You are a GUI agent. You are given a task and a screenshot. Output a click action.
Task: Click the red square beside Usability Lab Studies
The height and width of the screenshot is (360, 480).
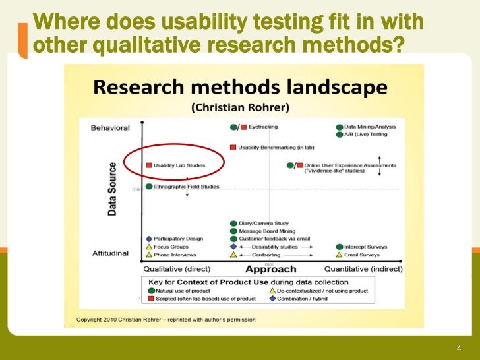149,165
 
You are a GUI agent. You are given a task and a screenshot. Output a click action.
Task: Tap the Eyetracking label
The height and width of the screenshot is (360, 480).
263,126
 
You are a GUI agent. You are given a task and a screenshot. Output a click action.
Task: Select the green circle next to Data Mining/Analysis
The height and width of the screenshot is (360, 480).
339,126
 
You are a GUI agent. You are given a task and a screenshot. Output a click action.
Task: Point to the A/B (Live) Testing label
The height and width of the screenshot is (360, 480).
366,134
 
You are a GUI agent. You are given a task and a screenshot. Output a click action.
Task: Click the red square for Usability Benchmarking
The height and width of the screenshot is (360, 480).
233,147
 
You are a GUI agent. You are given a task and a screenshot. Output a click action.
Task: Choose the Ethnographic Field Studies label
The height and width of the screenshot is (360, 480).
187,187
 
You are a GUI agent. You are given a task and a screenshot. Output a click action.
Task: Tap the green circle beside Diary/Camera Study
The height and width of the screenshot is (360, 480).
233,223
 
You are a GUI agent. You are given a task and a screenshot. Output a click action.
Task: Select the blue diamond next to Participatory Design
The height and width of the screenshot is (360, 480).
149,239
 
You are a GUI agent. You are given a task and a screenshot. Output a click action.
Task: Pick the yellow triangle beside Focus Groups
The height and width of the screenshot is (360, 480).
149,247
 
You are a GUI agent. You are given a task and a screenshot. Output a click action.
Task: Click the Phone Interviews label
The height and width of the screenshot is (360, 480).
175,255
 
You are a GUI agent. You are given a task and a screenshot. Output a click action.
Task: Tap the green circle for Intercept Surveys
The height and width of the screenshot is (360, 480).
339,247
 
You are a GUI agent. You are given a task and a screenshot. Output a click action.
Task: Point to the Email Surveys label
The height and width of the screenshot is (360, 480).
362,255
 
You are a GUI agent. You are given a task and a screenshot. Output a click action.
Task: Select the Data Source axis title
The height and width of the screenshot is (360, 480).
112,189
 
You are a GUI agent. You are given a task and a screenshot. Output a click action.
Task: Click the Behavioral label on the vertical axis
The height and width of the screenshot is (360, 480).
110,128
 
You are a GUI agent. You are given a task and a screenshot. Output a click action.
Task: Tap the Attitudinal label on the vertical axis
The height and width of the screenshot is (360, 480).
109,253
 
